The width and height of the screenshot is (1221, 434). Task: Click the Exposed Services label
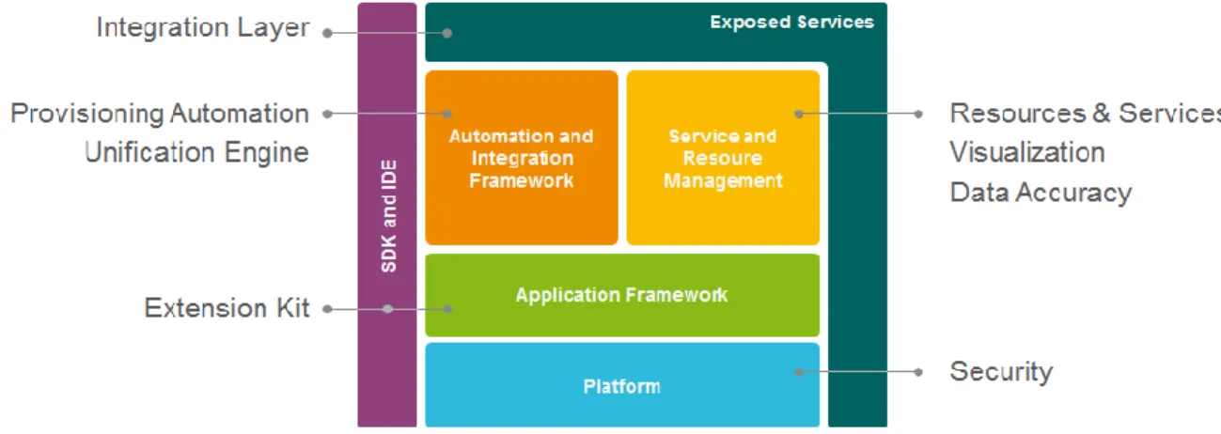791,22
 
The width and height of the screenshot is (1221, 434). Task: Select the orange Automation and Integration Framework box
522,158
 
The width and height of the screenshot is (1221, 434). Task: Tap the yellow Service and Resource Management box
723,158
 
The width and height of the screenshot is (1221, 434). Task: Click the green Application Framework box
622,295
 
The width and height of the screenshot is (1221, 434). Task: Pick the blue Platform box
622,384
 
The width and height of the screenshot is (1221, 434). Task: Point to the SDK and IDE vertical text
388,216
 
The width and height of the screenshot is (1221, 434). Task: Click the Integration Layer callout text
203,27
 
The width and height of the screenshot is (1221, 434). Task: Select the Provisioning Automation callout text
160,114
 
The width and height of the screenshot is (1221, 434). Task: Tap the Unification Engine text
196,152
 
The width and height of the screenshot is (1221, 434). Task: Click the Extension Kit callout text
227,308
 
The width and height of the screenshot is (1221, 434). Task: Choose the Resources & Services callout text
1085,114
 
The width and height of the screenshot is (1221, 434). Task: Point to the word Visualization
1027,152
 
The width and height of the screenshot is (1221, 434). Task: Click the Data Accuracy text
1041,193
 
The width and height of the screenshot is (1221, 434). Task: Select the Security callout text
1001,372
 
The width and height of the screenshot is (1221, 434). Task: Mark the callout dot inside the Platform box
799,372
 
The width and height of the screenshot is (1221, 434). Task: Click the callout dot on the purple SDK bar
387,309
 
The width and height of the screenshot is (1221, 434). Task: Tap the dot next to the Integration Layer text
328,33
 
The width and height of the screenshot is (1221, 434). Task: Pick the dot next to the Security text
918,372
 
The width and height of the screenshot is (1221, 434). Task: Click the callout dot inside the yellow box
799,114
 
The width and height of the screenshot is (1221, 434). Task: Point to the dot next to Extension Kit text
328,309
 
